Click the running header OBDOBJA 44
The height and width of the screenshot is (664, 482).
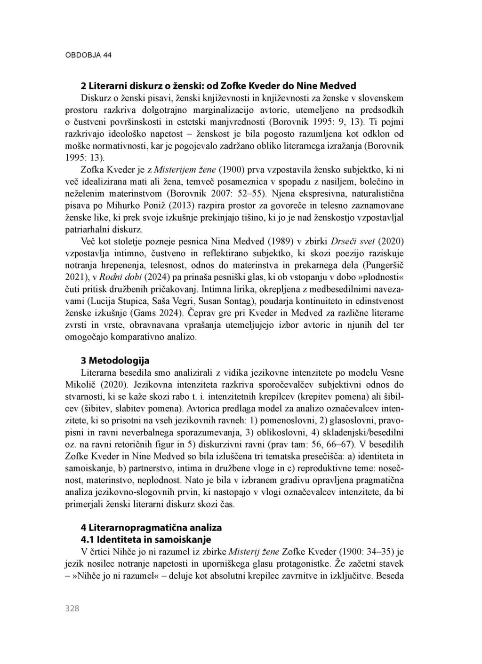(x=88, y=55)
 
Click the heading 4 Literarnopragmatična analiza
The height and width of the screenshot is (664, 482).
(x=151, y=527)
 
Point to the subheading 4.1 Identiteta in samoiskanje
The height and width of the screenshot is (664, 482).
(x=146, y=539)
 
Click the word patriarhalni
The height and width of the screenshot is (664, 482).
(x=85, y=229)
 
